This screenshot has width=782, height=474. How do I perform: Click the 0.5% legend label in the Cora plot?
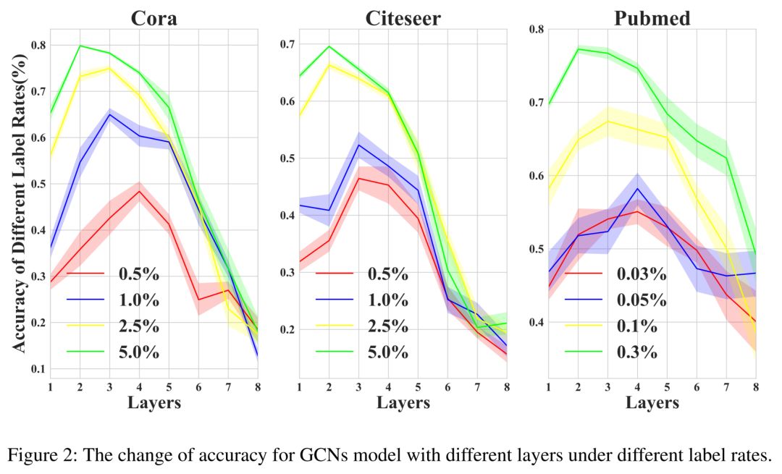[x=139, y=275]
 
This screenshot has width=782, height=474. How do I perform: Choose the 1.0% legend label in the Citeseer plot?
[x=387, y=301]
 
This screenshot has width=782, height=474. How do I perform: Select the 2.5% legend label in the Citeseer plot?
[x=387, y=326]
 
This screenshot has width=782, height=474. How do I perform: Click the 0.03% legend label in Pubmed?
[x=642, y=274]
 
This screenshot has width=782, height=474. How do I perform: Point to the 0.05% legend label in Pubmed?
[x=642, y=300]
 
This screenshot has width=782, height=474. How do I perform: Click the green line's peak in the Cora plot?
[x=80, y=46]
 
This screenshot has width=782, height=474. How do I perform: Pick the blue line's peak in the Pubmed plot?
[x=637, y=188]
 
